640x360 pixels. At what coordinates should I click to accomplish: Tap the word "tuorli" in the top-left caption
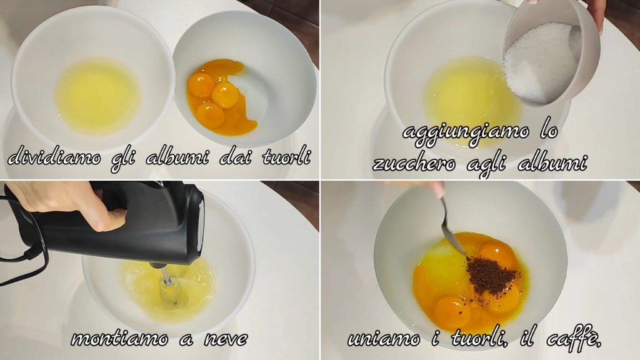[286, 157]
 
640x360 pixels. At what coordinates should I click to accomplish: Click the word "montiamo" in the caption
[119, 338]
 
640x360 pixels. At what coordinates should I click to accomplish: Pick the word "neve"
[226, 338]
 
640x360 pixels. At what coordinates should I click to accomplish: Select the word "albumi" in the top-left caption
[177, 157]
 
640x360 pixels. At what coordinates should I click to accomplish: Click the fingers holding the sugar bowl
[597, 14]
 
